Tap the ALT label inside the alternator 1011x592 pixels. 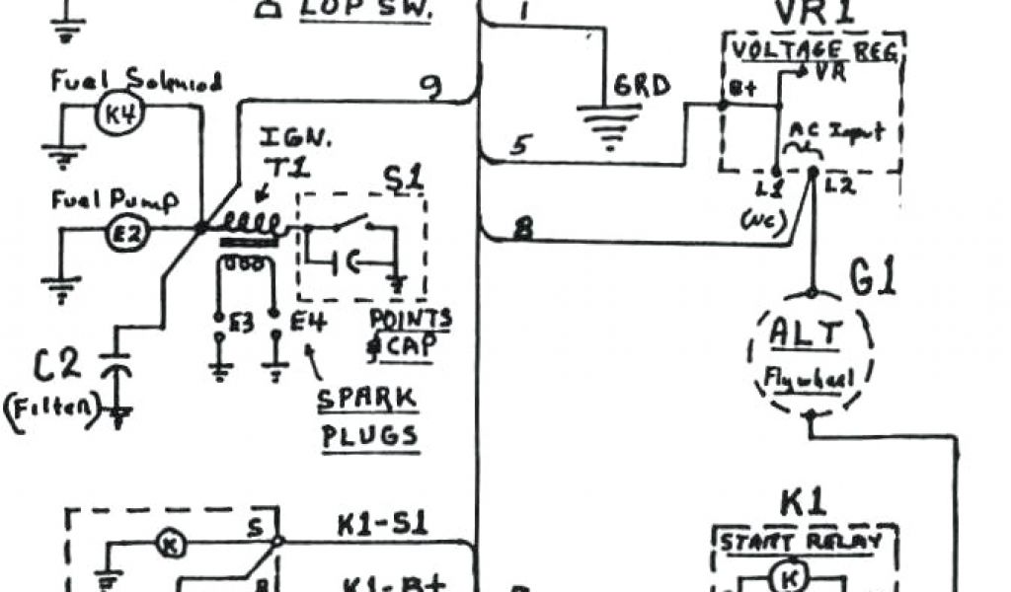808,336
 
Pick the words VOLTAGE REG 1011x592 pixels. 815,50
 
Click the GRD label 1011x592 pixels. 642,86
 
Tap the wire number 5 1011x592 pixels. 521,145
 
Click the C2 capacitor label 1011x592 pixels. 57,366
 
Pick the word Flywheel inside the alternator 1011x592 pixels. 809,375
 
